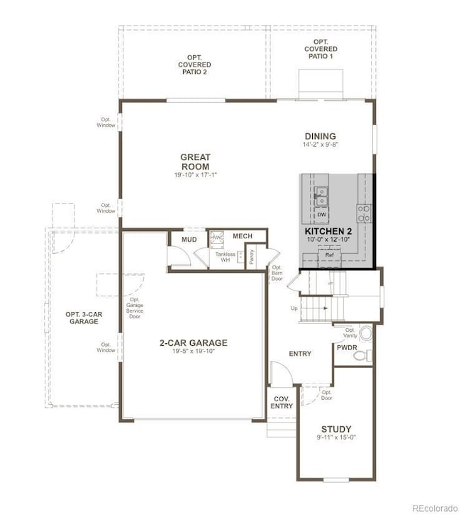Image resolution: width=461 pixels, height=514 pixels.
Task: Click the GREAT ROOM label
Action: pos(195,162)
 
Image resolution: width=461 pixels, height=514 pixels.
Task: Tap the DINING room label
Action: pos(320,136)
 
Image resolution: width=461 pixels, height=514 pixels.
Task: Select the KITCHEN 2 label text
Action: pos(328,231)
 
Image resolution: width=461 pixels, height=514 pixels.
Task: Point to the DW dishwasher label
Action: pos(321,214)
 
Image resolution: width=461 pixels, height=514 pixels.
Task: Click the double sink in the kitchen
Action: pos(321,191)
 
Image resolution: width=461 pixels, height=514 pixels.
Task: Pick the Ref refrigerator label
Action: pos(330,255)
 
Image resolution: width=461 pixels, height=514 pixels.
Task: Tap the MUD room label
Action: pos(189,240)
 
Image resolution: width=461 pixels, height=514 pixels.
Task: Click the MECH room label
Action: pos(243,236)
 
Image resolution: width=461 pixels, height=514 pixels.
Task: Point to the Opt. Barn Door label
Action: pos(277,273)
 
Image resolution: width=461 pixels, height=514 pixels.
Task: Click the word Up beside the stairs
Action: pos(294,308)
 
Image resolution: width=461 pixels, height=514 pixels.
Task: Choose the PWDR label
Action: pos(347,348)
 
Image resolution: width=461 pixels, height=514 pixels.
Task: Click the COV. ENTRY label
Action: pos(282,403)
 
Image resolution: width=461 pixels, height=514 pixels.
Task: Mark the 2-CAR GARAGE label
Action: pos(193,342)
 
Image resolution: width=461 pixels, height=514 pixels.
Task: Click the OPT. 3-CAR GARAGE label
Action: pos(82,318)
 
